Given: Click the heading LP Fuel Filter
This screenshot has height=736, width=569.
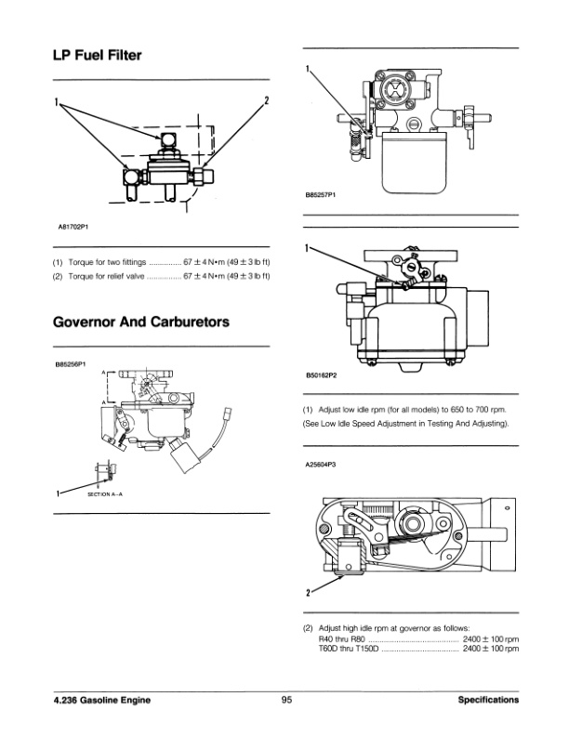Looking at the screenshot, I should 98,57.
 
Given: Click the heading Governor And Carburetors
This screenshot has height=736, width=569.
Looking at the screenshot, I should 141,322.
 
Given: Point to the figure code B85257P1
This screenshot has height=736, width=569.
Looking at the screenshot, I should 321,196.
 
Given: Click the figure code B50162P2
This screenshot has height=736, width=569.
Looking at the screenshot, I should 321,376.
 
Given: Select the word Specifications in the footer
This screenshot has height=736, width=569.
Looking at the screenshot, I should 488,701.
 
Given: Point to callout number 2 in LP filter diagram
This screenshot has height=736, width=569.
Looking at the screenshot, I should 267,99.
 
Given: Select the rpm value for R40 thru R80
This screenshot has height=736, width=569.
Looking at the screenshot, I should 490,639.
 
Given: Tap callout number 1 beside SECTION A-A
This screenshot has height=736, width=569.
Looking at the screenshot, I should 59,492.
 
